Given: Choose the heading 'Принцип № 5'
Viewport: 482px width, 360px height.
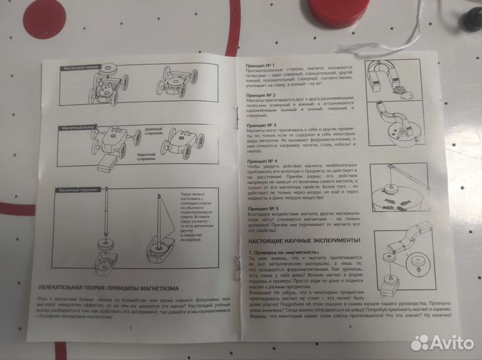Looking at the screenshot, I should [258, 209].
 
